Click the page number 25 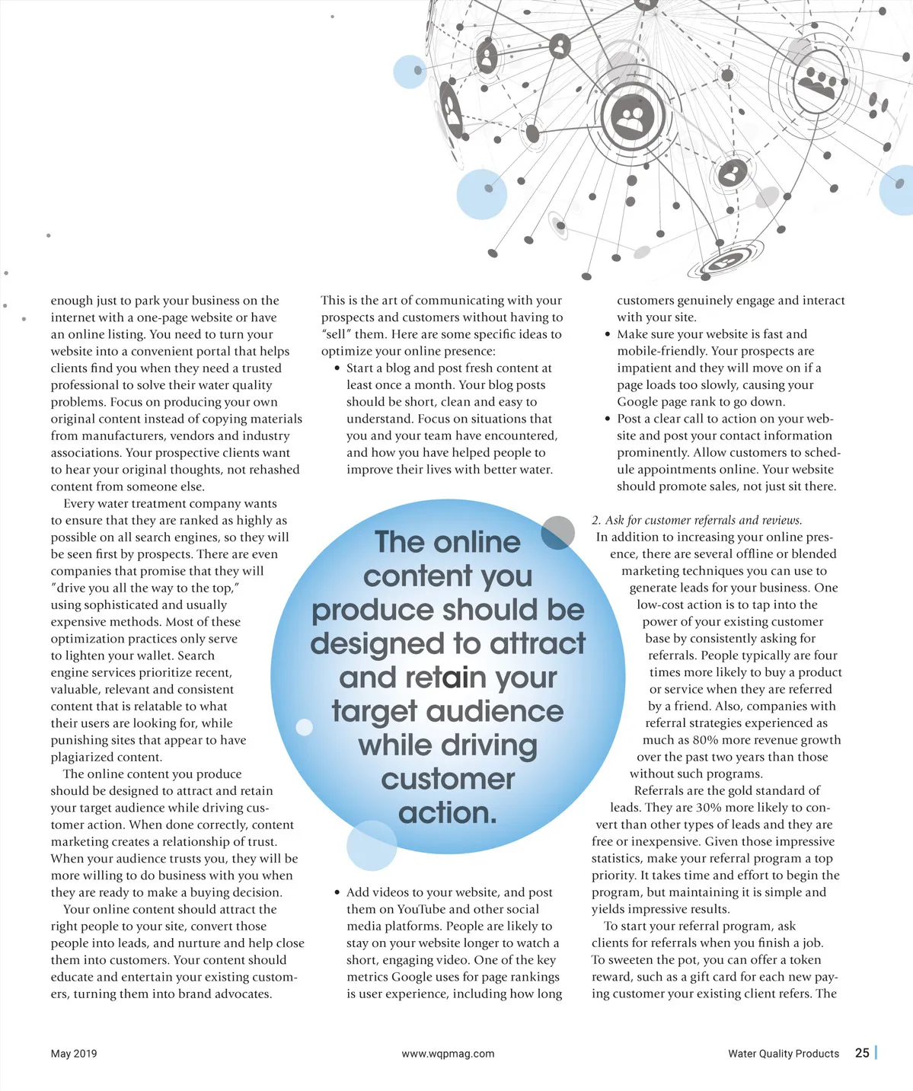pyautogui.click(x=862, y=1053)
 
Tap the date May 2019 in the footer pyautogui.click(x=74, y=1054)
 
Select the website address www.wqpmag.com pyautogui.click(x=448, y=1054)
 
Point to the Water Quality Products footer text pyautogui.click(x=783, y=1054)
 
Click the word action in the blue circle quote pyautogui.click(x=447, y=813)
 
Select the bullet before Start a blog pyautogui.click(x=337, y=368)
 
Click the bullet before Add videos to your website pyautogui.click(x=337, y=892)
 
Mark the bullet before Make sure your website pyautogui.click(x=607, y=334)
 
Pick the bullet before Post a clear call pyautogui.click(x=607, y=419)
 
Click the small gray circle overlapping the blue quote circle pyautogui.click(x=558, y=531)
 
